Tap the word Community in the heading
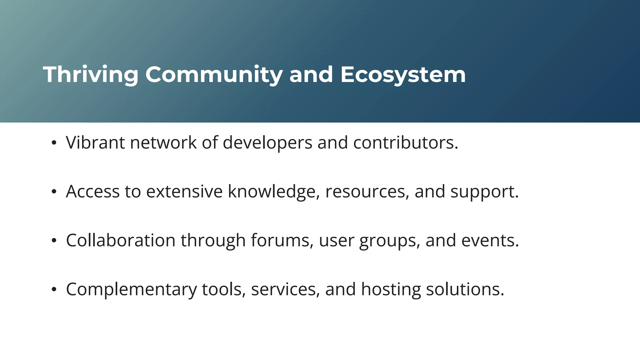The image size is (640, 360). click(x=214, y=75)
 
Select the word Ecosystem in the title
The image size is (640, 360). click(x=403, y=75)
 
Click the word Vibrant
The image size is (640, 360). click(x=95, y=142)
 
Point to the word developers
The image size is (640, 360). click(x=267, y=142)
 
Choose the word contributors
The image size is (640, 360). click(x=405, y=142)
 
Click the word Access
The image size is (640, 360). click(x=93, y=191)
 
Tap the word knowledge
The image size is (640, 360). click(x=274, y=191)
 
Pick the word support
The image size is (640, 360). click(x=484, y=191)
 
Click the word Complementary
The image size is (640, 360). click(x=131, y=289)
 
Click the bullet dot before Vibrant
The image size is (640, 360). click(x=54, y=143)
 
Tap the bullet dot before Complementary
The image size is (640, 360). click(x=54, y=290)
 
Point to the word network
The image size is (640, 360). click(x=163, y=142)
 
